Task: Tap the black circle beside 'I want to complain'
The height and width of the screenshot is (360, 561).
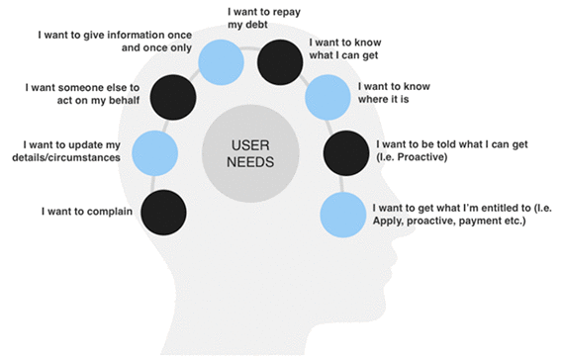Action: [163, 212]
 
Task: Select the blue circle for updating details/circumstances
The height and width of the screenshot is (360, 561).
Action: [153, 152]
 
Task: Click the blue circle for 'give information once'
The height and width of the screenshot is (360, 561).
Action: [222, 61]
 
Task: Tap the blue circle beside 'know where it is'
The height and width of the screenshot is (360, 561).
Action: [327, 98]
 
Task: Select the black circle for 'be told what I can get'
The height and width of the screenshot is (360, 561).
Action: [346, 152]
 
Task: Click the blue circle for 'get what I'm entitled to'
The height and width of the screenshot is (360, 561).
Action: [341, 213]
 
